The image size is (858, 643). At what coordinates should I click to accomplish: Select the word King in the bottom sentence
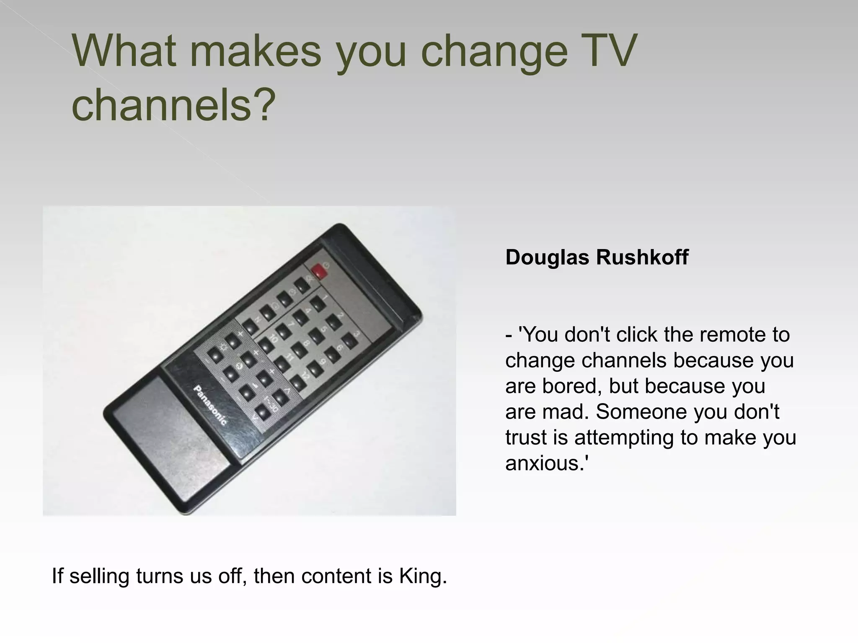[423, 576]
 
